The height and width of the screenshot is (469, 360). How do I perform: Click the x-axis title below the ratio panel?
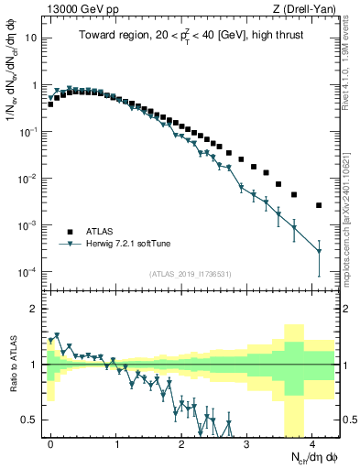[303, 457]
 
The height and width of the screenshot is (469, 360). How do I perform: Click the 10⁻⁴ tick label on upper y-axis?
[30, 272]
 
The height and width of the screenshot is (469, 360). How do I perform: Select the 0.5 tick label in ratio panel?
[31, 420]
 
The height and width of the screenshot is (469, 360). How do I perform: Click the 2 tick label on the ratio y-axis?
[36, 309]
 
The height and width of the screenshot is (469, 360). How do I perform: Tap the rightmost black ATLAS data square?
[319, 205]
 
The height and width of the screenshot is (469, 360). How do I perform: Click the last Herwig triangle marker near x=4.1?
[319, 251]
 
